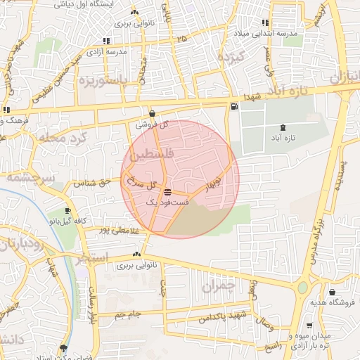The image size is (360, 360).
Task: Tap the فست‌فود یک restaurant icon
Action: coord(167,192)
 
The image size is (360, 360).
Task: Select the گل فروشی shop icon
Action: coord(153,114)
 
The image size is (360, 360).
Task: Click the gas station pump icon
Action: coord(234,107)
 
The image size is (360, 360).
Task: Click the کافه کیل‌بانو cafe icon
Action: coord(68,210)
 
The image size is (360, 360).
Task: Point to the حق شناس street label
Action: coord(94,183)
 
